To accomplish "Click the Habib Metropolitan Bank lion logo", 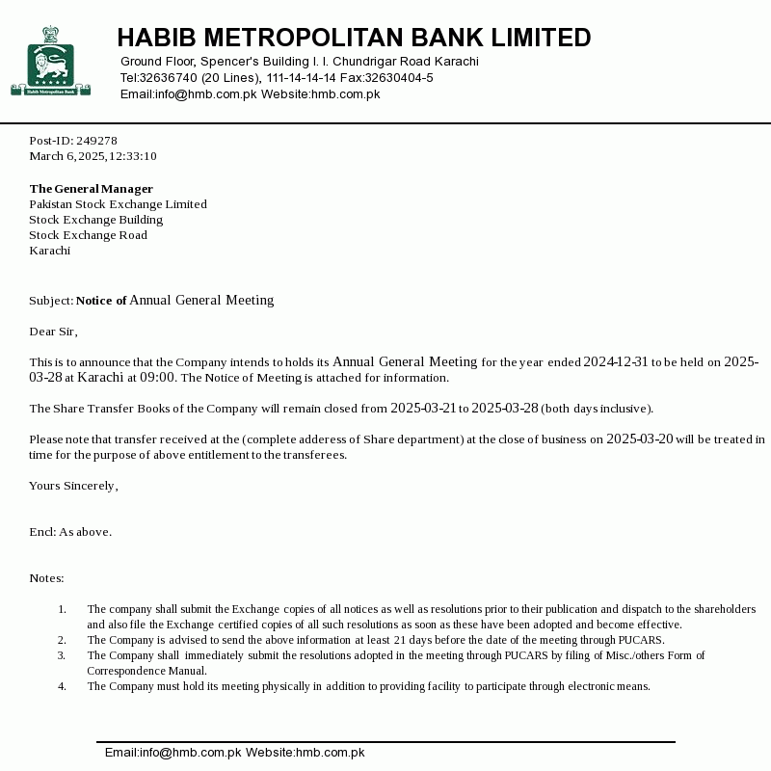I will click(50, 62).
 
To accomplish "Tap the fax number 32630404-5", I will click(398, 78).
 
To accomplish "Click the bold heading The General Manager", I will click(91, 189).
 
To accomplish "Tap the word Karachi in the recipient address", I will click(49, 251).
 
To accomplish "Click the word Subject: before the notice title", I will click(51, 301).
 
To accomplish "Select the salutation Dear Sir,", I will click(53, 332).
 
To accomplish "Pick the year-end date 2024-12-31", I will click(616, 362).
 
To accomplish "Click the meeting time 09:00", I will click(157, 378).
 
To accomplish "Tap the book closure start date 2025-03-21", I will click(423, 409).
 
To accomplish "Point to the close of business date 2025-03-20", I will click(639, 439).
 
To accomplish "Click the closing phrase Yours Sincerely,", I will click(73, 486).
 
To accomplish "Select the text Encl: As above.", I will click(70, 532).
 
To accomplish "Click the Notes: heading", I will click(46, 578).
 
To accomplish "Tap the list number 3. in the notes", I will click(62, 655).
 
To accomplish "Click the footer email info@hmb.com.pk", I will click(173, 753).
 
